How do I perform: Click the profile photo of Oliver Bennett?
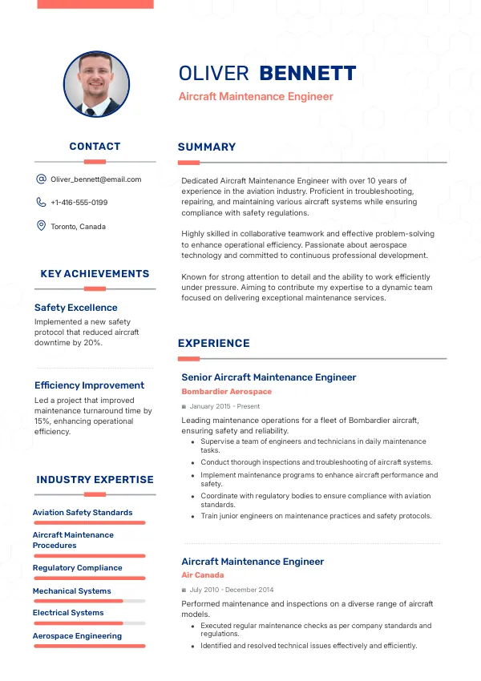point(96,84)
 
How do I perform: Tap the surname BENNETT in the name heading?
point(307,74)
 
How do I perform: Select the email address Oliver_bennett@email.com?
point(95,179)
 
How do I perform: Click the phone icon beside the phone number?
point(41,203)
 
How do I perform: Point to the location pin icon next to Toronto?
point(41,226)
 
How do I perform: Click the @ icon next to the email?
point(41,179)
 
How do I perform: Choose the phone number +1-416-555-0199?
point(79,203)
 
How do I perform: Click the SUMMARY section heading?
point(207,147)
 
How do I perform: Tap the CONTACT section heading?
point(95,146)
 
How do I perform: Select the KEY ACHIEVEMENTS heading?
point(95,273)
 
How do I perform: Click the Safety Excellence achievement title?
point(75,308)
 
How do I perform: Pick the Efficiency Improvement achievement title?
point(89,385)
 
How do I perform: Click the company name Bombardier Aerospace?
point(226,392)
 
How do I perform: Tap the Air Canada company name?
point(203,575)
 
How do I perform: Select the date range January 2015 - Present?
point(224,406)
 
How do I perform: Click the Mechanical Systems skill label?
point(71,591)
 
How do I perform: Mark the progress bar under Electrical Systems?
point(88,623)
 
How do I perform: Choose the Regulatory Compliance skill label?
point(77,568)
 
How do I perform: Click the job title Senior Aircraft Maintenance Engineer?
point(269,377)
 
